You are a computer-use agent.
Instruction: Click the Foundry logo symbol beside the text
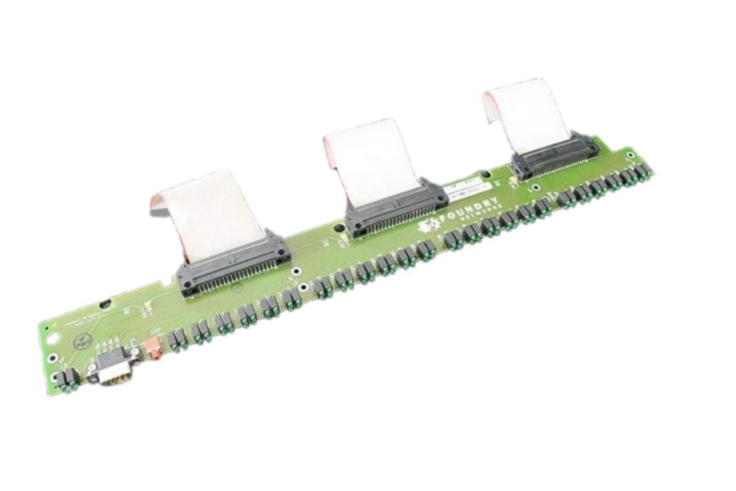(x=428, y=226)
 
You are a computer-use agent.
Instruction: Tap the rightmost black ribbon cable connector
(x=555, y=156)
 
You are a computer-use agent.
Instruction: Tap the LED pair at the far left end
(x=69, y=378)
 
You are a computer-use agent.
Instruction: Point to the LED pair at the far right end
(x=642, y=171)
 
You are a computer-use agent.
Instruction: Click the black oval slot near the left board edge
(x=105, y=304)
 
